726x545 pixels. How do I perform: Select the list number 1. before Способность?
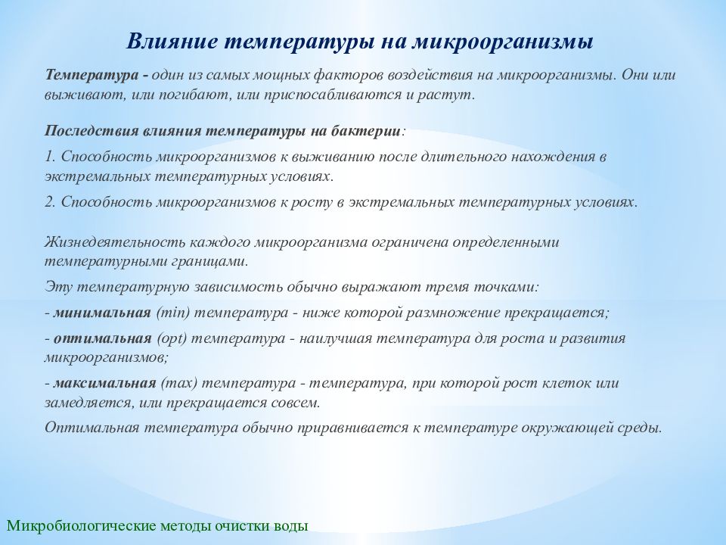click(x=51, y=157)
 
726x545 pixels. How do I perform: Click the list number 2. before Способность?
click(x=51, y=203)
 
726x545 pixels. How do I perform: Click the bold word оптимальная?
click(x=101, y=338)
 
